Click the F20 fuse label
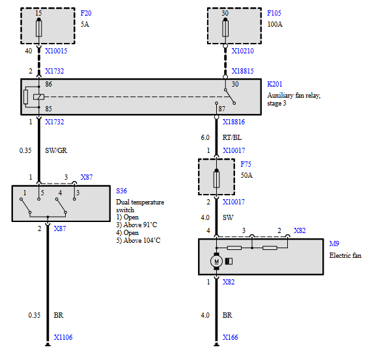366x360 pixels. tap(86, 13)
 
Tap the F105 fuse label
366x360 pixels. tap(274, 13)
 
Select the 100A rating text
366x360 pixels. tap(275, 24)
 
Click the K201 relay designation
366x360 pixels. tap(275, 84)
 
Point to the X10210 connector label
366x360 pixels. tap(242, 51)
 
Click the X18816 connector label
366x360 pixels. tap(234, 122)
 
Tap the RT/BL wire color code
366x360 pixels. tap(232, 137)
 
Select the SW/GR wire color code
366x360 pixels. tap(56, 150)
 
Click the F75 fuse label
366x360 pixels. tap(246, 164)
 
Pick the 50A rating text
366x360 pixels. tap(246, 175)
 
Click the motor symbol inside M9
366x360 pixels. tap(216, 261)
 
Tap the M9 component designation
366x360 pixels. tap(334, 243)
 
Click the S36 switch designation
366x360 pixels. tap(121, 191)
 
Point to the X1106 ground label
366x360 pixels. tap(63, 337)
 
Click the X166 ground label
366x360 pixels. tap(230, 337)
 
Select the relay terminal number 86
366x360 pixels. tap(49, 84)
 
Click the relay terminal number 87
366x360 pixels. tap(221, 109)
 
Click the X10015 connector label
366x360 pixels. tap(56, 51)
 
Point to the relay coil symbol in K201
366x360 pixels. tap(38, 96)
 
